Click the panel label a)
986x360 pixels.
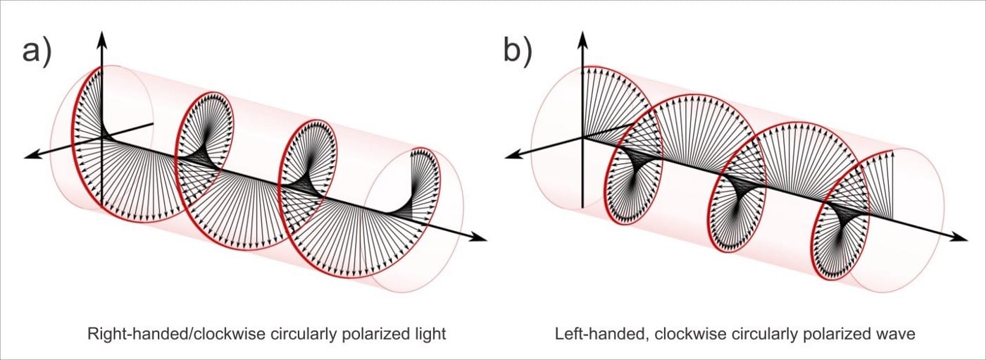(37, 52)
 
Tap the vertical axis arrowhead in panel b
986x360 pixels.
(582, 37)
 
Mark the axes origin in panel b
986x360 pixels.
(582, 137)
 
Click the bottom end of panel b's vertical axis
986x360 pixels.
(582, 207)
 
